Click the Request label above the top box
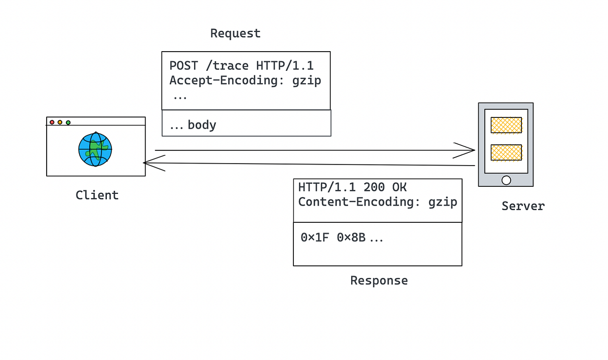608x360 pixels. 235,33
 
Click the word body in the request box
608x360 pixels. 202,125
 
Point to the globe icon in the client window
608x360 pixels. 95,149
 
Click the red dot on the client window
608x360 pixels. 52,122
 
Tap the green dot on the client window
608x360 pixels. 68,122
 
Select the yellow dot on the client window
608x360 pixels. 60,122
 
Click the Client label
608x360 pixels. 97,195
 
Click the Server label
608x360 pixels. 523,206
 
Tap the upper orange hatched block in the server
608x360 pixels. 506,125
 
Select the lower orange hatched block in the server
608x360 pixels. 506,152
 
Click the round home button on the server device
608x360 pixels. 506,180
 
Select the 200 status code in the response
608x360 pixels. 374,187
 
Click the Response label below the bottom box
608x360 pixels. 378,280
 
